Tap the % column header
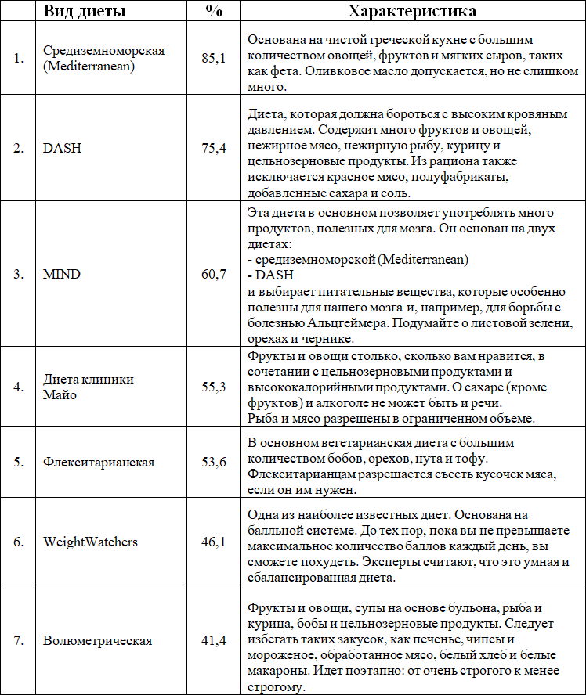click(x=213, y=12)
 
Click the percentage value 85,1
click(x=214, y=59)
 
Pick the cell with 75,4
click(x=214, y=148)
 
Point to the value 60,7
click(x=214, y=274)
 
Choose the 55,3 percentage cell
click(x=214, y=386)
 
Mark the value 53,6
click(x=214, y=462)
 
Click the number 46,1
click(x=214, y=541)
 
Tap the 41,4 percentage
click(x=214, y=640)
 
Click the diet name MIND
click(x=62, y=274)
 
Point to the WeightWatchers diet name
click(x=90, y=541)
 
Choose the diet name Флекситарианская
click(x=99, y=462)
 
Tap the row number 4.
click(x=18, y=386)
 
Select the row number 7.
click(x=18, y=640)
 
